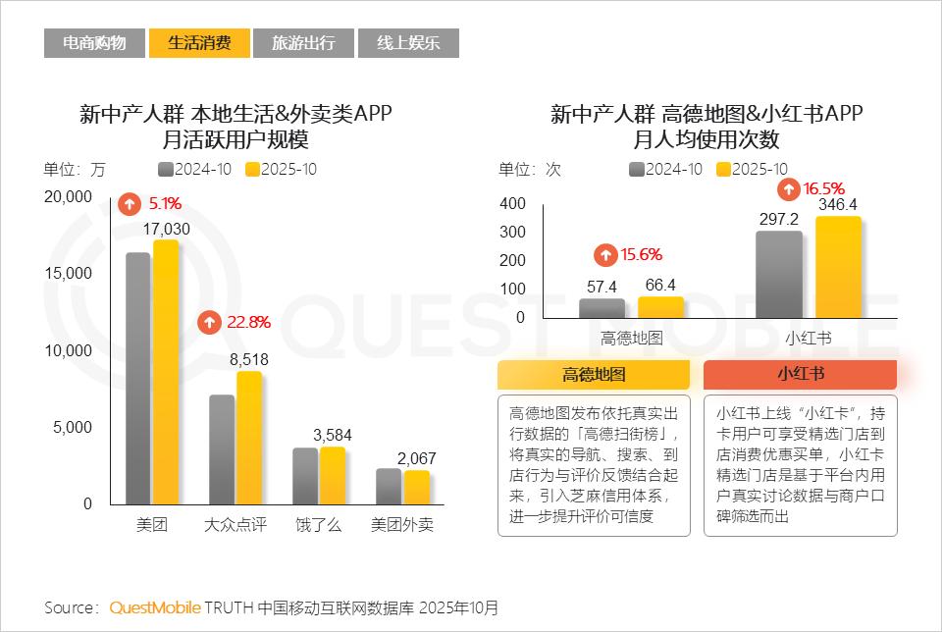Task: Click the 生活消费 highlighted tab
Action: point(199,43)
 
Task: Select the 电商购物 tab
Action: point(94,43)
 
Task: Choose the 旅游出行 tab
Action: point(303,43)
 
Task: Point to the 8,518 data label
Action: point(249,360)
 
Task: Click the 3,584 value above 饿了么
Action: point(333,435)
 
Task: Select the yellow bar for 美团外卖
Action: point(416,486)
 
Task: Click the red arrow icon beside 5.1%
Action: point(130,204)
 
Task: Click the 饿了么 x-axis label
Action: point(319,525)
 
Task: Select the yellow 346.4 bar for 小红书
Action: point(838,267)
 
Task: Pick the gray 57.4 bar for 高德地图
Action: point(602,308)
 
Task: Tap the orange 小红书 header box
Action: point(800,375)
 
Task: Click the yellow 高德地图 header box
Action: point(594,375)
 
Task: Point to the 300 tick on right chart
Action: point(513,233)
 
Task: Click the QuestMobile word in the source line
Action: point(155,607)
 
